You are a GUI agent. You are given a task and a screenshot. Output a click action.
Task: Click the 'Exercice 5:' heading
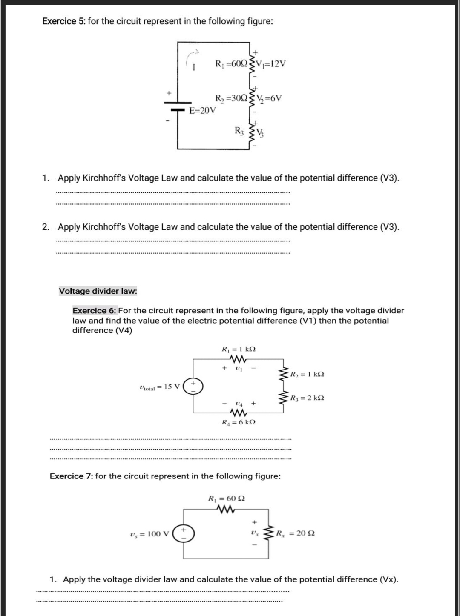coord(64,21)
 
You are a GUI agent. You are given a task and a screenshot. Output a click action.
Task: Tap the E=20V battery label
coord(202,111)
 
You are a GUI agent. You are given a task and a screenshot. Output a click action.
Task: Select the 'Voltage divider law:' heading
coord(98,291)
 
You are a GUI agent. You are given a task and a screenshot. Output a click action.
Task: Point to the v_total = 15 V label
coord(160,387)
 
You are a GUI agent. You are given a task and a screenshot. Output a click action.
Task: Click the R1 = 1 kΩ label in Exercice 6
coord(239,349)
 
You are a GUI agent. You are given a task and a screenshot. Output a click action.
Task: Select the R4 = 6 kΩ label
coord(239,422)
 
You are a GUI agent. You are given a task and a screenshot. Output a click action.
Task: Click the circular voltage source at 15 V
coord(193,387)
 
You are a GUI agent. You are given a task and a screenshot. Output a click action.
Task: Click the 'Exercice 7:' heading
coord(71,476)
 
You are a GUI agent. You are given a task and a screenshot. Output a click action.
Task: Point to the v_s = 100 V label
coord(149,534)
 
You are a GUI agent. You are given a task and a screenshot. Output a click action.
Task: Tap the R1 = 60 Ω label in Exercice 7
coord(226,498)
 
